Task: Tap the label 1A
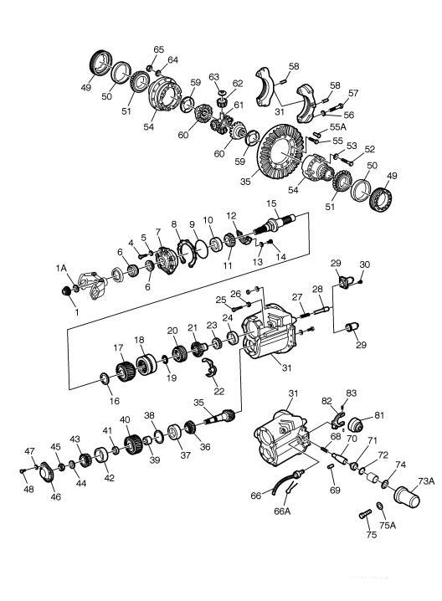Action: (62, 268)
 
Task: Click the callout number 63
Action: (213, 78)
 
